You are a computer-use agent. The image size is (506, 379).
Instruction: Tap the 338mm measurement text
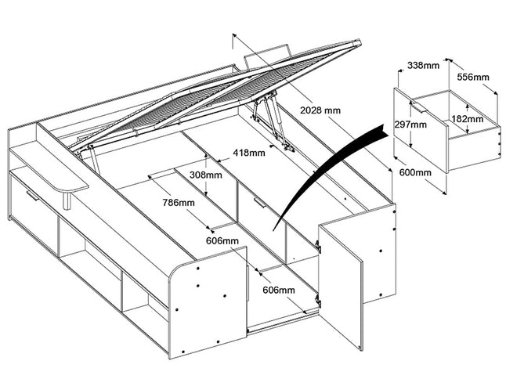coord(423,66)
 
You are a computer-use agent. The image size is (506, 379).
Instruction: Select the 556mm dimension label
coord(473,77)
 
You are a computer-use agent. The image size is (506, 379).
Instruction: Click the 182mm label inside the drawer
coord(467,119)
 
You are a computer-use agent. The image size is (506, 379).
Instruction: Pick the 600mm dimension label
coord(414,172)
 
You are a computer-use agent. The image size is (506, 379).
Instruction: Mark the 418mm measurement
coord(249,153)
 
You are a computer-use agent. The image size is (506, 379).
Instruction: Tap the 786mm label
coord(179,203)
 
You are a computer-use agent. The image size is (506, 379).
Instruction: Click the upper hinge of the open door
coord(318,245)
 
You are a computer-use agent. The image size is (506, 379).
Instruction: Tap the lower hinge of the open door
coord(318,301)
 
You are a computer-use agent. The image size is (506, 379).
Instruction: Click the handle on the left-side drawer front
coord(33,196)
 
